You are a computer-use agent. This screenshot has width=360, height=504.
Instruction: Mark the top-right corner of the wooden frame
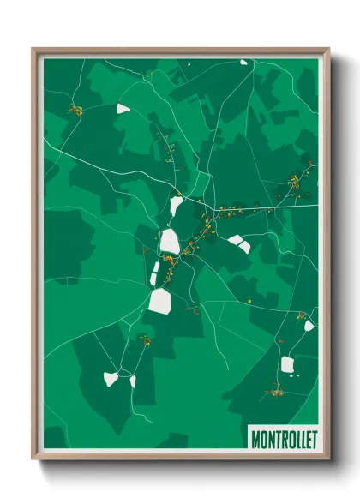pos(328,50)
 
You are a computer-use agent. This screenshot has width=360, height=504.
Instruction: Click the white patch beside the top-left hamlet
pos(124,109)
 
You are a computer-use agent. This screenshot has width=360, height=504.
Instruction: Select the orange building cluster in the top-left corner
pos(75,109)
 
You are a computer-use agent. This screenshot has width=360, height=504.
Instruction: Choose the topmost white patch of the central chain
pos(177,206)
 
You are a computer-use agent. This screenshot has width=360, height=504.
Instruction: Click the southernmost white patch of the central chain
pos(160,301)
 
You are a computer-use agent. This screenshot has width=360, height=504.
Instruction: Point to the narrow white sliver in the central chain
pos(156,272)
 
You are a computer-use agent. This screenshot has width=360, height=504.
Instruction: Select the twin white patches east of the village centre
pos(239,244)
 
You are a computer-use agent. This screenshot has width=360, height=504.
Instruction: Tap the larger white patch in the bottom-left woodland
pos(111,378)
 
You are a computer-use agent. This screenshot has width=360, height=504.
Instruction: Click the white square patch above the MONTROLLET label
pos(287,364)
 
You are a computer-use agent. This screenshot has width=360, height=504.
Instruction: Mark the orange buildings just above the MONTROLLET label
pos(276,393)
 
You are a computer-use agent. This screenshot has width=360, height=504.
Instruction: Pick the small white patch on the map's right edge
pos(309,326)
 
